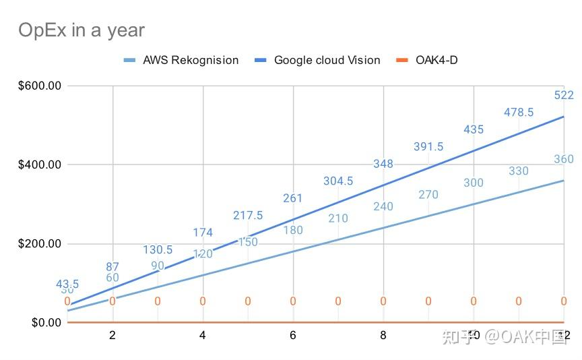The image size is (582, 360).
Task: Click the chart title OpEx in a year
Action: [81, 30]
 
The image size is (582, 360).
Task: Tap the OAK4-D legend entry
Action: [437, 60]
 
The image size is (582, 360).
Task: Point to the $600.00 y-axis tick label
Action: [38, 86]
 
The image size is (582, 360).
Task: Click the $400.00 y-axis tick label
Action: [38, 164]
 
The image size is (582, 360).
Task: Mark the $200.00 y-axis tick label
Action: [38, 243]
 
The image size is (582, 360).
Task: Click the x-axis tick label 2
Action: [112, 336]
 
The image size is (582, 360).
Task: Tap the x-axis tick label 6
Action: [293, 336]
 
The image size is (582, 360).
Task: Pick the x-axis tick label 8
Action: [383, 336]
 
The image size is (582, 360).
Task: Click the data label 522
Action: [564, 96]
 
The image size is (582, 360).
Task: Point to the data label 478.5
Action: [519, 113]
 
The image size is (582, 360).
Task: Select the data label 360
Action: [564, 160]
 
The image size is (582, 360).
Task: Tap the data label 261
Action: [293, 198]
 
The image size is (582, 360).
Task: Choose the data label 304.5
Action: [338, 181]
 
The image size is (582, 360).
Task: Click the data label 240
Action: [383, 207]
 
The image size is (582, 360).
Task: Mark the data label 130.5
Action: [158, 249]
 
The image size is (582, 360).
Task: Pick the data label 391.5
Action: [428, 147]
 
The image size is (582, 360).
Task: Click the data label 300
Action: [474, 183]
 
